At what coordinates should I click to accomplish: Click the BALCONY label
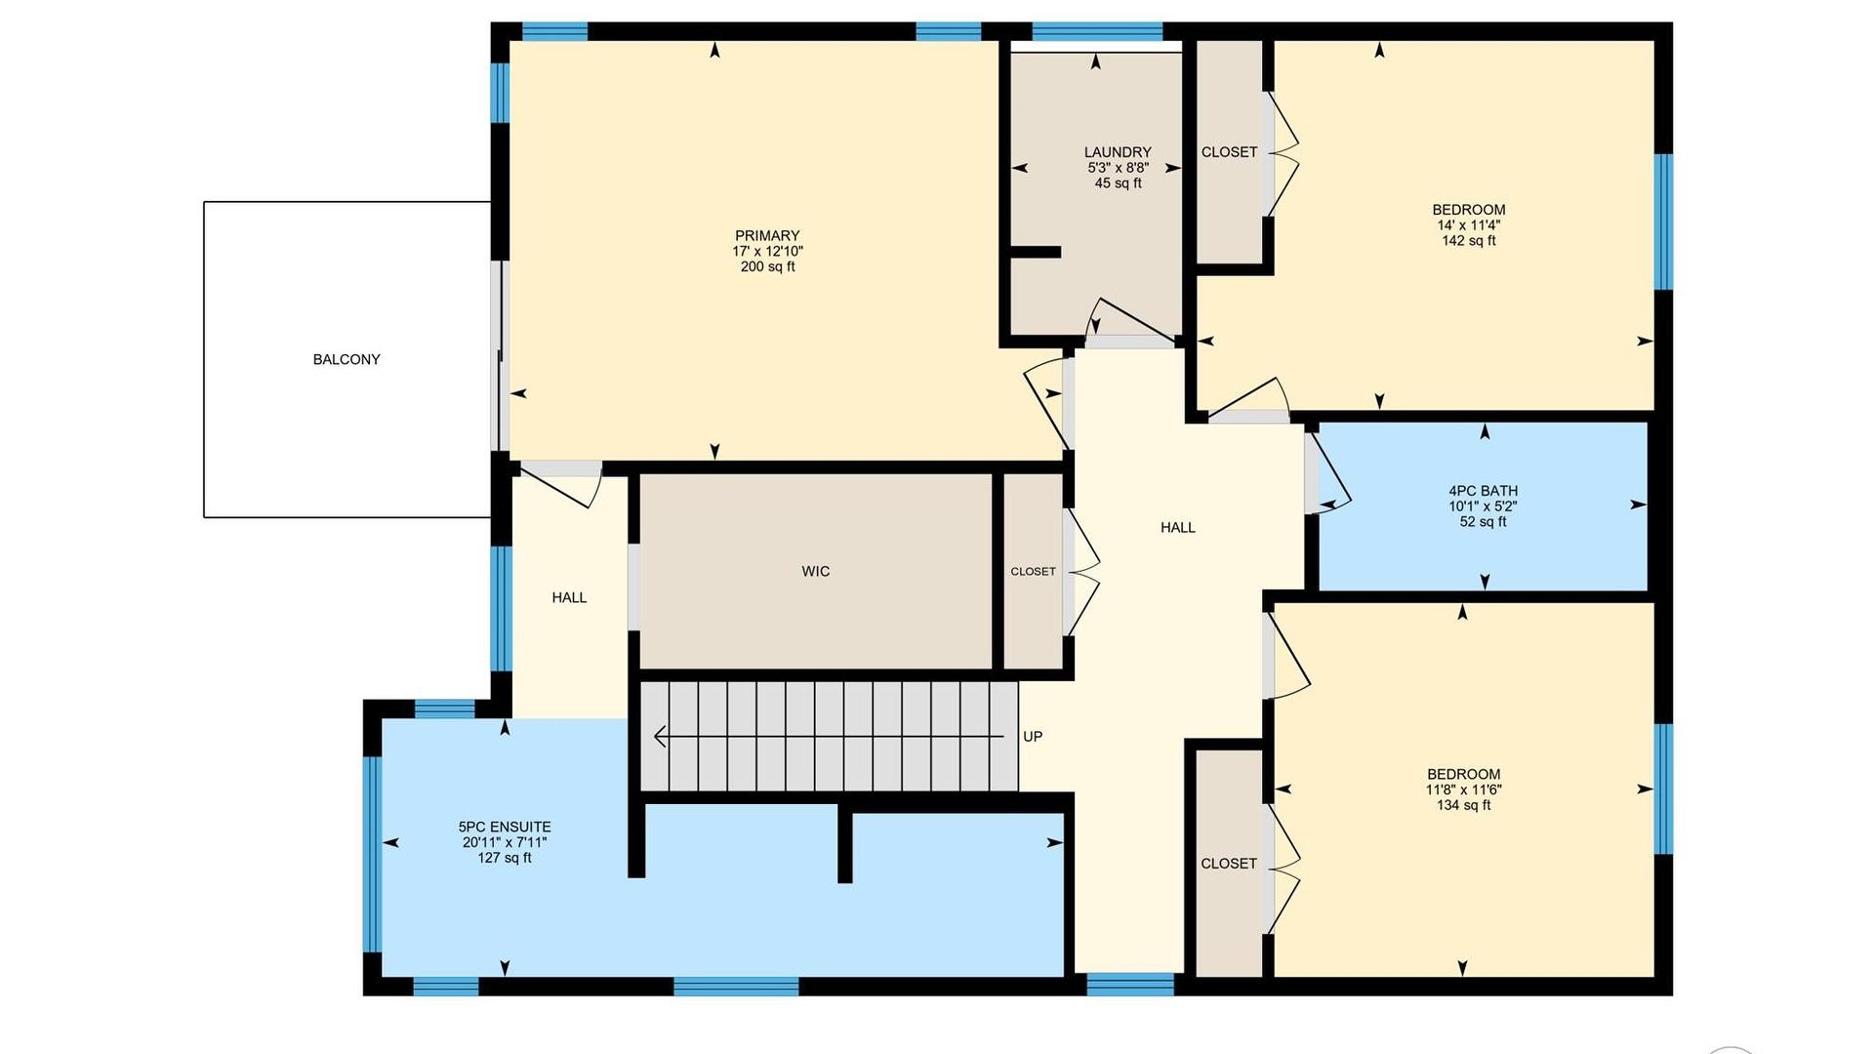(x=346, y=359)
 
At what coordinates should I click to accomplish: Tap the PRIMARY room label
(x=767, y=235)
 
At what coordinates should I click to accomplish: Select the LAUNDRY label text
(x=1118, y=152)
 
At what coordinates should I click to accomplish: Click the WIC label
(x=816, y=572)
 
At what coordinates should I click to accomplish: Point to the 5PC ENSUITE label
(x=505, y=827)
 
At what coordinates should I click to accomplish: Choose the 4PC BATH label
(x=1483, y=491)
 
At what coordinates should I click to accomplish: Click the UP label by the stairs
(x=1033, y=737)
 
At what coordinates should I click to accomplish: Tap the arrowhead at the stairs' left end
(x=660, y=736)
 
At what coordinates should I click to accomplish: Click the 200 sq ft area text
(x=767, y=266)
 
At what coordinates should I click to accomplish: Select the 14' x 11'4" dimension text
(x=1469, y=225)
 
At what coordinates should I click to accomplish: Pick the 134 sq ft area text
(x=1463, y=805)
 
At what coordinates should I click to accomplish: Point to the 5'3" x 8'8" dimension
(x=1118, y=168)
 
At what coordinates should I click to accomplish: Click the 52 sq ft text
(x=1483, y=522)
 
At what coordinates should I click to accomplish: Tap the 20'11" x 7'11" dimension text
(x=505, y=842)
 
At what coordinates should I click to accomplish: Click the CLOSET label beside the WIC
(x=1033, y=572)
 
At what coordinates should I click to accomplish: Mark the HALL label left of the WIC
(x=569, y=598)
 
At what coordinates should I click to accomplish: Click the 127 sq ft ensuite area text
(x=505, y=858)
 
